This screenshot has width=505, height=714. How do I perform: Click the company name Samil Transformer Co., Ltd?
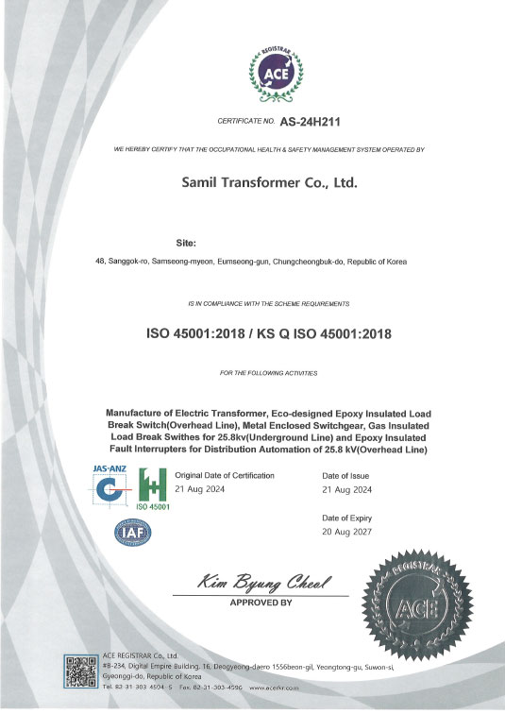[269, 183]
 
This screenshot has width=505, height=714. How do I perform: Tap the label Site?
[186, 244]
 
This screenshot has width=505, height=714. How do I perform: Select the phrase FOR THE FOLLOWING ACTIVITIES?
[268, 374]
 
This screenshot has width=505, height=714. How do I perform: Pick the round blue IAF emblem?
[131, 534]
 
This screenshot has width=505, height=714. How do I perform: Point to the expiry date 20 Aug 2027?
[346, 533]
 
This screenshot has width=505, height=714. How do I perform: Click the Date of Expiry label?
[347, 518]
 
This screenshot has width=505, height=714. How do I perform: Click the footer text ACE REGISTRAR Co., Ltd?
[139, 655]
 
